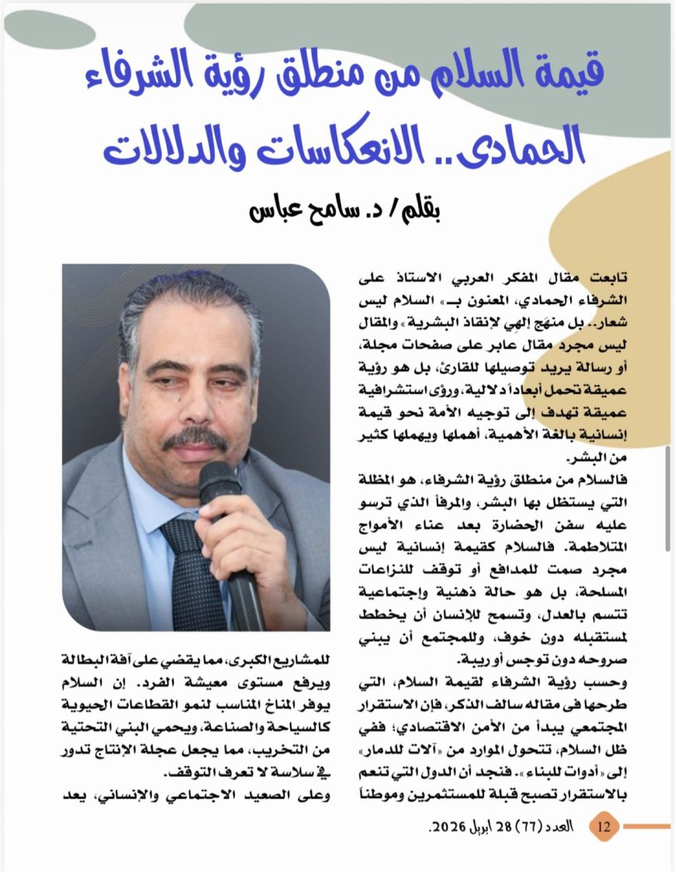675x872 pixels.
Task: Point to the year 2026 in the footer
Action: pos(446,827)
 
